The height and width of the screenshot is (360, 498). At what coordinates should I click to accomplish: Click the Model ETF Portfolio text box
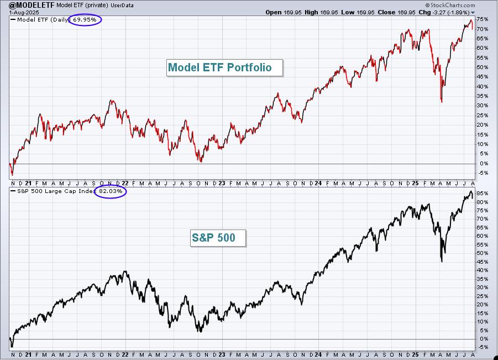[x=224, y=67]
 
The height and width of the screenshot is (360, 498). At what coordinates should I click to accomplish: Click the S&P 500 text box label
[x=218, y=238]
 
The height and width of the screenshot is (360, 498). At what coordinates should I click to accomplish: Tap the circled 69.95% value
[x=85, y=20]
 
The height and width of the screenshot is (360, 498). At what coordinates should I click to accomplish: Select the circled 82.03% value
[x=111, y=191]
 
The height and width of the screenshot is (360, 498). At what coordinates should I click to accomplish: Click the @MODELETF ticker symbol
[x=32, y=5]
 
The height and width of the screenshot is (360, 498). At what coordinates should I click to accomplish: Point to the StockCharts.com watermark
[x=450, y=5]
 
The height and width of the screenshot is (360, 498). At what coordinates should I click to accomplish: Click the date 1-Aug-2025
[x=24, y=12]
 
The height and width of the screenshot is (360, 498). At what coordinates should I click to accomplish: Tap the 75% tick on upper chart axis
[x=482, y=19]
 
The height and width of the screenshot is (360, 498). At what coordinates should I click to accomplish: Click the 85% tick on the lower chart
[x=482, y=193]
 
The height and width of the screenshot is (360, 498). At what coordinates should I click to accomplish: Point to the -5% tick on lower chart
[x=483, y=347]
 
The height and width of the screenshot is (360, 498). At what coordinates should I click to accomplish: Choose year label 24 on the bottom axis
[x=318, y=354]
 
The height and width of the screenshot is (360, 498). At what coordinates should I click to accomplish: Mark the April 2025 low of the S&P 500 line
[x=442, y=262]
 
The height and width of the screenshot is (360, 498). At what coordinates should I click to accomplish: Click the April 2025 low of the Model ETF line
[x=442, y=102]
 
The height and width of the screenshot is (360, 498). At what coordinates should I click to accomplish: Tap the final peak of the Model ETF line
[x=471, y=20]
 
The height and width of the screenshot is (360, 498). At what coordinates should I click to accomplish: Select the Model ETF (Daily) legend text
[x=44, y=20]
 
